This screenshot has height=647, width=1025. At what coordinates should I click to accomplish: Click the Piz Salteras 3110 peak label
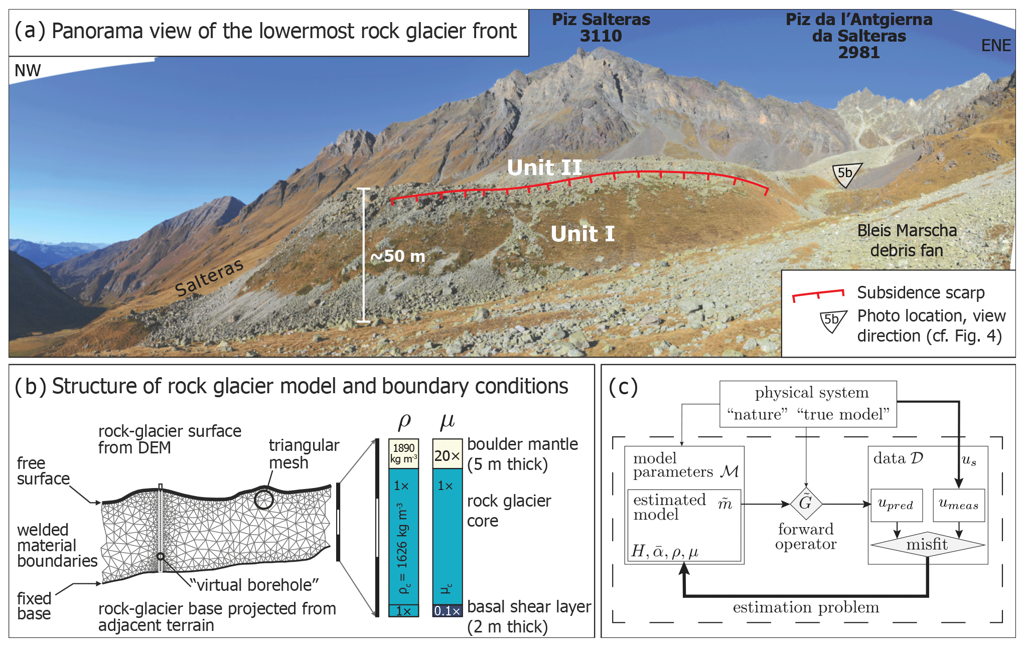[601, 28]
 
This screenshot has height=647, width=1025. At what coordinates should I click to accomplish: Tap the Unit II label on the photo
[544, 168]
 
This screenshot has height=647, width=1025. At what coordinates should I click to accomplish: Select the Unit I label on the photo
[582, 234]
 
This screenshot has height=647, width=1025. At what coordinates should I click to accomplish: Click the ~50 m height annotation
[397, 256]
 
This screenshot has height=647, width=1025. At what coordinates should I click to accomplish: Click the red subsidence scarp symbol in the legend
[818, 294]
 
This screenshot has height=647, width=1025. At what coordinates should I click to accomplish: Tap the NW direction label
[28, 71]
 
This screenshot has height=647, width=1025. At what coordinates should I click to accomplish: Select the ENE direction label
[996, 46]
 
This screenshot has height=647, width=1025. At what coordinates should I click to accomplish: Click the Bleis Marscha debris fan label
[907, 240]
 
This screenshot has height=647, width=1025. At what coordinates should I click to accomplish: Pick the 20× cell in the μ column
[447, 454]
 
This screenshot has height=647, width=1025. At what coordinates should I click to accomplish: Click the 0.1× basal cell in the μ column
[447, 611]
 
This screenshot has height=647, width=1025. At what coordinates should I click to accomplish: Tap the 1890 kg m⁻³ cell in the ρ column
[403, 453]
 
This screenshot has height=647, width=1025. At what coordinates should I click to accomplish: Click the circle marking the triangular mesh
[263, 499]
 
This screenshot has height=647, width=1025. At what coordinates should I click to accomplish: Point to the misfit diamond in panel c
[927, 545]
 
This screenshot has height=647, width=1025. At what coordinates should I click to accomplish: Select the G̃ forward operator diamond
[806, 503]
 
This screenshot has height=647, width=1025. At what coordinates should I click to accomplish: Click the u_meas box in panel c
[958, 505]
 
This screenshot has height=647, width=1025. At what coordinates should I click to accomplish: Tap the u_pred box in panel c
[896, 505]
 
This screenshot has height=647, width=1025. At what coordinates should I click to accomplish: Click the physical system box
[808, 404]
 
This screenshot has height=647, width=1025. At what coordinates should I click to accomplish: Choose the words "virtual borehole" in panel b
[254, 585]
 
